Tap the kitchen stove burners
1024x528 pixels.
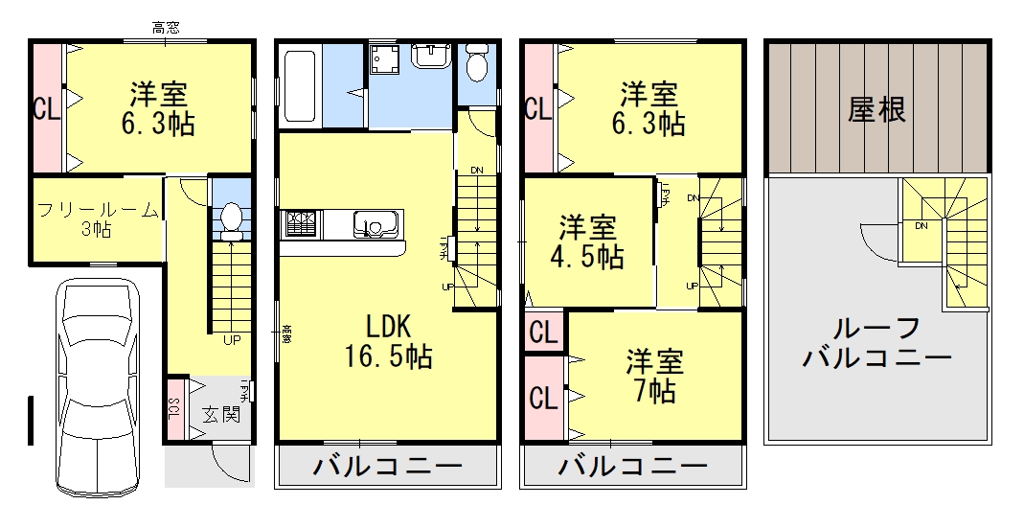(303, 224)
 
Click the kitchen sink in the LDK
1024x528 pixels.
(375, 224)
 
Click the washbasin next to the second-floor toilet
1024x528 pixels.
(431, 58)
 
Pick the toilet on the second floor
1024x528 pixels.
(476, 64)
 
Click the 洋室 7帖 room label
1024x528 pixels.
(655, 376)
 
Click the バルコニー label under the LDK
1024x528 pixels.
(388, 468)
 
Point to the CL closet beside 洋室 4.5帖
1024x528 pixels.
(543, 333)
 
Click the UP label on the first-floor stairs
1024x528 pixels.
(232, 339)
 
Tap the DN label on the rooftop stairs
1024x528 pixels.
(921, 227)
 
